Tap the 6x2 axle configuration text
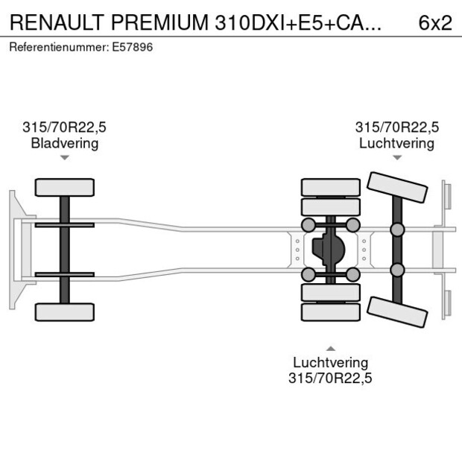tap(435, 22)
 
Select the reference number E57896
tap(134, 47)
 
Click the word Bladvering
tap(65, 143)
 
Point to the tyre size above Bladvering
tap(65, 127)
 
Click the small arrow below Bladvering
tap(65, 157)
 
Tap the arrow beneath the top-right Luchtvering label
tap(397, 157)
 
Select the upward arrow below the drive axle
tap(330, 347)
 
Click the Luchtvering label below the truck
tap(330, 363)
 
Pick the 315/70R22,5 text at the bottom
tap(330, 379)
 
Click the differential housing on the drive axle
tap(330, 249)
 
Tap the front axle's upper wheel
tap(65, 187)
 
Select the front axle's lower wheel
tap(65, 311)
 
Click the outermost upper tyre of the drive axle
tap(330, 187)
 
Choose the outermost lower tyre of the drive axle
tap(330, 312)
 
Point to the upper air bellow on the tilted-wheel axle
tap(397, 229)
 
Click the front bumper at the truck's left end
tap(13, 249)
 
